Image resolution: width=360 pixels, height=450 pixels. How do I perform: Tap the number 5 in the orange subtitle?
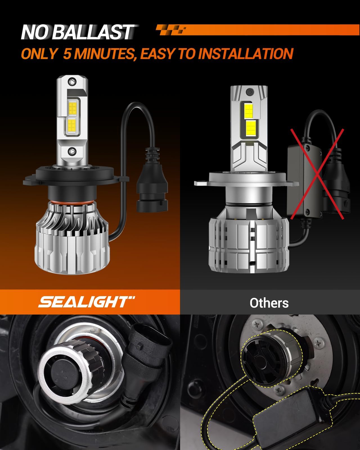click(x=67, y=53)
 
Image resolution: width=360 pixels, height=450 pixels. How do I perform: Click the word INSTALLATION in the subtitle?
click(x=246, y=53)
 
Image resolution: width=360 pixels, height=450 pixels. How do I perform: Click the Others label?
click(x=269, y=303)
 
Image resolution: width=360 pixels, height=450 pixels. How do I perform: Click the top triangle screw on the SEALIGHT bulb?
click(x=73, y=82)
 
